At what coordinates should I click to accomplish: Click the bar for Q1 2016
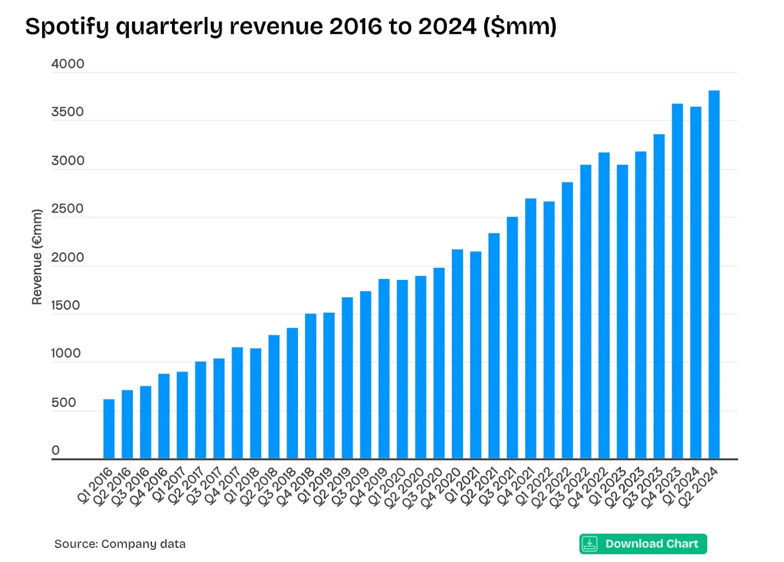109,429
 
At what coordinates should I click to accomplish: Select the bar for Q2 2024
714,275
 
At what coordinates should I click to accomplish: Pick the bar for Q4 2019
384,369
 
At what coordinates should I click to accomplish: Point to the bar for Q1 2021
475,355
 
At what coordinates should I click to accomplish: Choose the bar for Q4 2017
237,403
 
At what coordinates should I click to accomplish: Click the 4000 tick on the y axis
68,64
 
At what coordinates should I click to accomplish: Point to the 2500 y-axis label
67,208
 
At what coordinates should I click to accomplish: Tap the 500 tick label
64,403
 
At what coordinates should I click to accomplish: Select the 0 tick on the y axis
55,450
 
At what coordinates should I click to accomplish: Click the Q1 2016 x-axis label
95,485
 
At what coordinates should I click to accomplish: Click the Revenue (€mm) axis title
37,256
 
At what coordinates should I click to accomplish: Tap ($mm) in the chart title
520,26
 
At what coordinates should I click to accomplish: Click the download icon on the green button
590,544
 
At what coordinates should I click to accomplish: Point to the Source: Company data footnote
120,544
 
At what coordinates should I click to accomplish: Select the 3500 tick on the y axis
68,112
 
